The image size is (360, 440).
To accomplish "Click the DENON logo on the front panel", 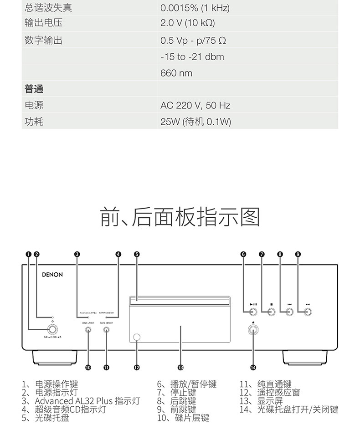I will tap(52, 275).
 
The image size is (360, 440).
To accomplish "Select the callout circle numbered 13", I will tap(180, 367).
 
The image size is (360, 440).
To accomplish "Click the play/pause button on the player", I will tap(253, 312).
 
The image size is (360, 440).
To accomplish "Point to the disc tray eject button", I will tap(253, 331).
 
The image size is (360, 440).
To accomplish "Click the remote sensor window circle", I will tap(137, 337).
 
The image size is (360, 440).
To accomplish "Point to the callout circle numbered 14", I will tap(253, 367).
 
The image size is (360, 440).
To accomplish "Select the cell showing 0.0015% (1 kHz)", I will tap(195, 8).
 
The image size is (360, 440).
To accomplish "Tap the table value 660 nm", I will tap(176, 73).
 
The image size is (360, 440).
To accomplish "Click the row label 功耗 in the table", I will tap(34, 122).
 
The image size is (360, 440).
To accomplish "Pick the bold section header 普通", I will tap(34, 89).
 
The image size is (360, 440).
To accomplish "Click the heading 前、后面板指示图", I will tap(180, 217).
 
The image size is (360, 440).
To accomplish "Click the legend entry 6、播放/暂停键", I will tap(187, 385).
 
